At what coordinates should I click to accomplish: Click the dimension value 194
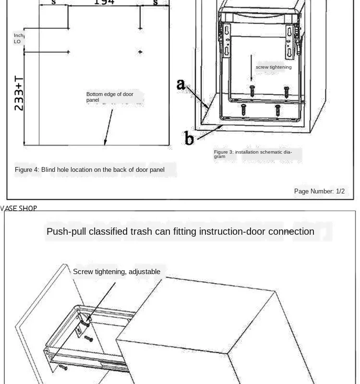[x=104, y=2]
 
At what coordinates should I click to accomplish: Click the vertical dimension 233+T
[x=19, y=93]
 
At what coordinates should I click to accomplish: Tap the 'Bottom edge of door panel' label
[x=109, y=97]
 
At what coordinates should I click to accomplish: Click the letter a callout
[x=180, y=84]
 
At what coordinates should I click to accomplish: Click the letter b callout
[x=189, y=139]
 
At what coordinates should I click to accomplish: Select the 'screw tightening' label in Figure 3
[x=273, y=67]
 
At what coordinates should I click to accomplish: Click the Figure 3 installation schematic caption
[x=253, y=154]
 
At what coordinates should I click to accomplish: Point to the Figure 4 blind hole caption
[x=90, y=169]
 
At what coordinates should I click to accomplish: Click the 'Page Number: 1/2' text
[x=319, y=191]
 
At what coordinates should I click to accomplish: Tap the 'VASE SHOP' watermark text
[x=19, y=208]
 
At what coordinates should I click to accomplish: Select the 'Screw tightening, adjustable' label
[x=117, y=272]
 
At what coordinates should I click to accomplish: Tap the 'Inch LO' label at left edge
[x=18, y=38]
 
